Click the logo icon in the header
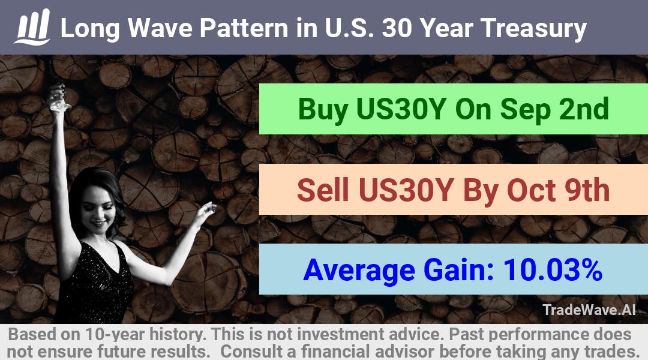point(32,27)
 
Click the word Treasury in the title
point(533,29)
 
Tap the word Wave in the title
point(160,28)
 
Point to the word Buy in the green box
point(323,110)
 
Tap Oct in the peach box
point(531,190)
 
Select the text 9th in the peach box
point(587,190)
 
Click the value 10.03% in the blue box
point(553,270)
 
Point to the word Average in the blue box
point(359,271)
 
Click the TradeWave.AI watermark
point(589,310)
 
